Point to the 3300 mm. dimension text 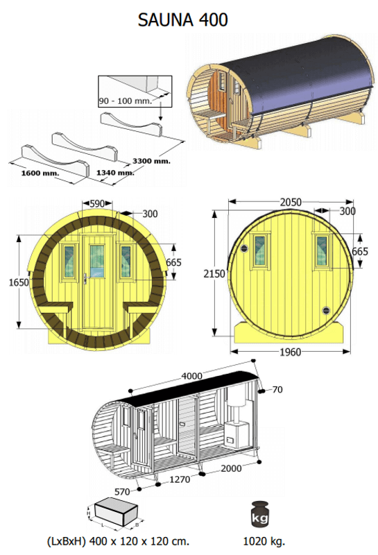[x=152, y=160]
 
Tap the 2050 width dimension [x=290, y=202]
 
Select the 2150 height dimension [x=214, y=274]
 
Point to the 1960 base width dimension [x=290, y=352]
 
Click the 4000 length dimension [x=191, y=376]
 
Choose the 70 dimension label [x=277, y=390]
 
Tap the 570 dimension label [x=122, y=490]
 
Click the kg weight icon [x=263, y=514]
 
